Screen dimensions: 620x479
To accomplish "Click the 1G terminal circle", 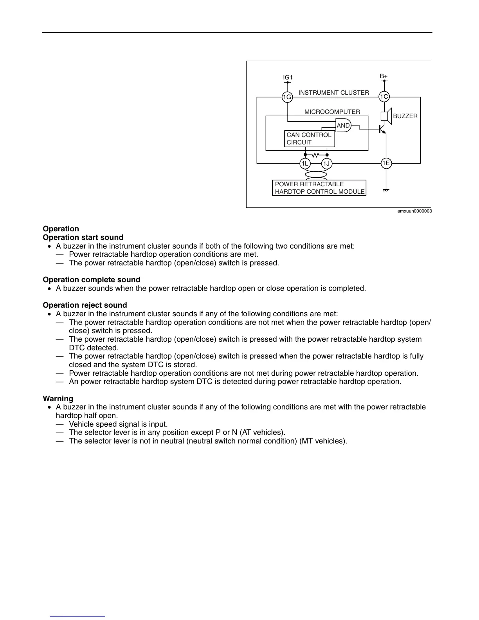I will (x=287, y=97).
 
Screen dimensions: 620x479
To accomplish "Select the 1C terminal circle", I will (x=384, y=97).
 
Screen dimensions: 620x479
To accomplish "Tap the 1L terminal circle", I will (x=305, y=164).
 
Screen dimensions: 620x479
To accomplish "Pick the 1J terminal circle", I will (x=327, y=164).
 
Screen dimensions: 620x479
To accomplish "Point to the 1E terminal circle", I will (x=386, y=163).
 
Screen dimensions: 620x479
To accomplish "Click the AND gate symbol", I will (x=344, y=125).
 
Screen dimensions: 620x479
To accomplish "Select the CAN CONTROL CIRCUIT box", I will (x=310, y=139).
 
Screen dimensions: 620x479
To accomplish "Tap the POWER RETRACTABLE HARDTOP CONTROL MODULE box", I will (x=319, y=188).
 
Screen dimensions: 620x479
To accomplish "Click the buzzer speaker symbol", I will (x=386, y=116).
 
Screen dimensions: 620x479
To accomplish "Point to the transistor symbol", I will (x=382, y=129).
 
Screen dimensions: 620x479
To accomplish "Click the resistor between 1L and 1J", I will (x=316, y=155).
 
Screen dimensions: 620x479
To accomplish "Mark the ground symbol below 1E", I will (x=386, y=190).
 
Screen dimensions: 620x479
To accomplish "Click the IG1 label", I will (x=288, y=77).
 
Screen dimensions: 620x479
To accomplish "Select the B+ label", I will (x=384, y=76).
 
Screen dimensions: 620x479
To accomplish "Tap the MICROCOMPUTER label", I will (x=332, y=112).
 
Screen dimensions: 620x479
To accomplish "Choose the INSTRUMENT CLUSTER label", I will (x=334, y=93).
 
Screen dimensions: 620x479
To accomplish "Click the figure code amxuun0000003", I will (x=415, y=211).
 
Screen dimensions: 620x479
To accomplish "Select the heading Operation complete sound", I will (x=92, y=279).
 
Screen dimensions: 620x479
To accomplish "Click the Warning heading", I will (x=58, y=398).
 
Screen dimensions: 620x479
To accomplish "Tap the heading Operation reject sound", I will (x=85, y=305).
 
